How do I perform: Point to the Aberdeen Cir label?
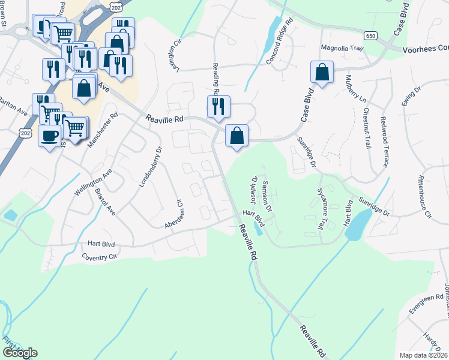[173, 213]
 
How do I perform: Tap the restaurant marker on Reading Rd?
[217, 106]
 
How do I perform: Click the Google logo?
[19, 353]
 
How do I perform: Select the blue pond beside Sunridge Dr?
[357, 225]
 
